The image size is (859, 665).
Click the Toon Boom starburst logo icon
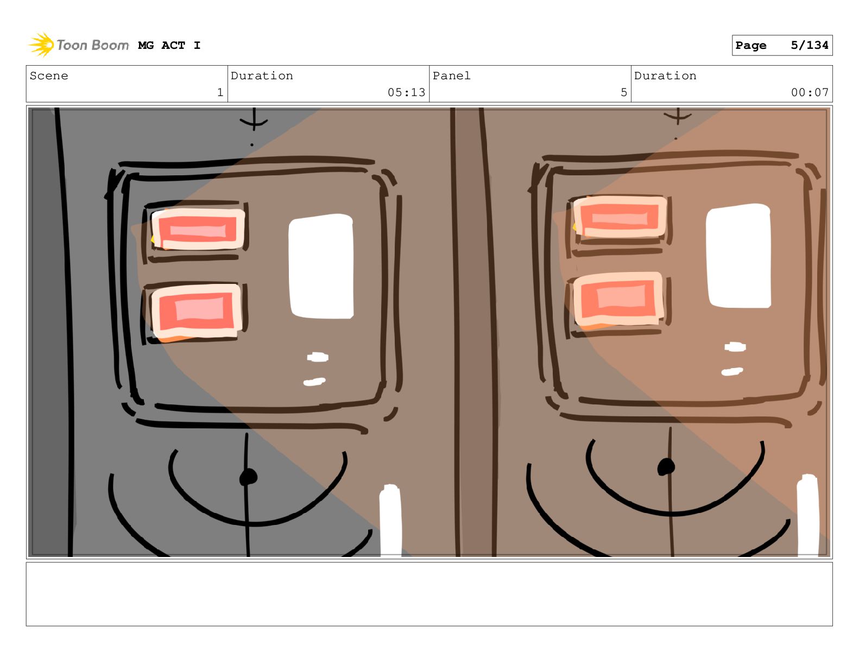point(41,45)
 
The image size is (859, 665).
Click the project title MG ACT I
point(169,46)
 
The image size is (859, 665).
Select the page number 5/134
point(809,46)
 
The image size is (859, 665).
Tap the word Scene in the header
point(49,75)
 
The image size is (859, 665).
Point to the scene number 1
point(220,92)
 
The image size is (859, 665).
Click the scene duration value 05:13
point(406,92)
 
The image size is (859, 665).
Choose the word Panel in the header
point(451,75)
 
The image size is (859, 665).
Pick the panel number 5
point(624,92)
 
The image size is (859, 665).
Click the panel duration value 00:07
point(810,92)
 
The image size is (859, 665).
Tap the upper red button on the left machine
point(198,229)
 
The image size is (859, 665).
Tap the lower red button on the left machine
point(197,312)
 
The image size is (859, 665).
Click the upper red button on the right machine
point(620,217)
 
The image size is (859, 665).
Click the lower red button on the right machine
point(618,299)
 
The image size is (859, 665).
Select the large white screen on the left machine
point(321,267)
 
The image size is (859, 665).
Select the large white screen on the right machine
point(738,256)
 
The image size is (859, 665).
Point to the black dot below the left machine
point(248,477)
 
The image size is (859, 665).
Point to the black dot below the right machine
point(666,467)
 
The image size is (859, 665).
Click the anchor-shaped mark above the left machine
point(254,119)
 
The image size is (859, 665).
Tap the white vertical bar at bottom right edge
point(807,516)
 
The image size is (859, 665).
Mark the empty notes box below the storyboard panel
point(429,594)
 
